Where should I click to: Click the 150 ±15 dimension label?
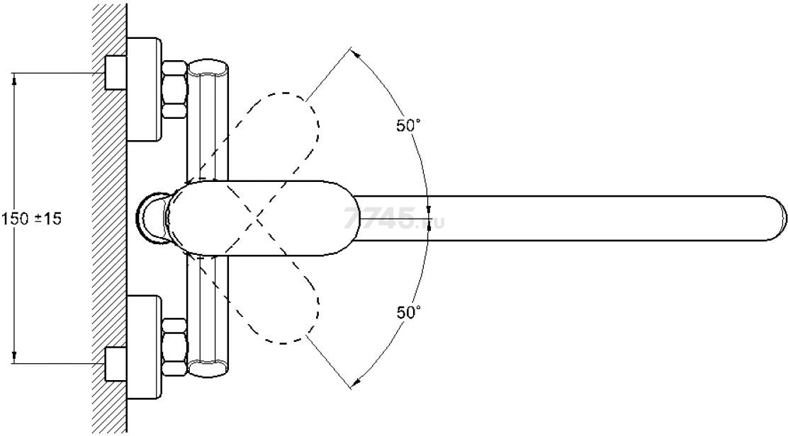(x=31, y=219)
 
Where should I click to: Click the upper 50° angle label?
(x=408, y=125)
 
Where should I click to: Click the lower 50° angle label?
(x=408, y=312)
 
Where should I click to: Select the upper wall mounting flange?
(x=144, y=88)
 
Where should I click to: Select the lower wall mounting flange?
(x=144, y=347)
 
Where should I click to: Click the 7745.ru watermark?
(x=395, y=219)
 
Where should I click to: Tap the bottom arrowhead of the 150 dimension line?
(x=14, y=359)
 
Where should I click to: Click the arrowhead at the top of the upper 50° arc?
(x=355, y=52)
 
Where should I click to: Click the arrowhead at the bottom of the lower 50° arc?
(x=355, y=384)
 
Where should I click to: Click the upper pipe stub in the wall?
(x=115, y=73)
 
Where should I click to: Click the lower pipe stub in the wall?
(x=115, y=365)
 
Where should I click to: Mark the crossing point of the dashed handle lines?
(x=257, y=218)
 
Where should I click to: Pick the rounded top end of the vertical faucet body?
(x=208, y=66)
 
